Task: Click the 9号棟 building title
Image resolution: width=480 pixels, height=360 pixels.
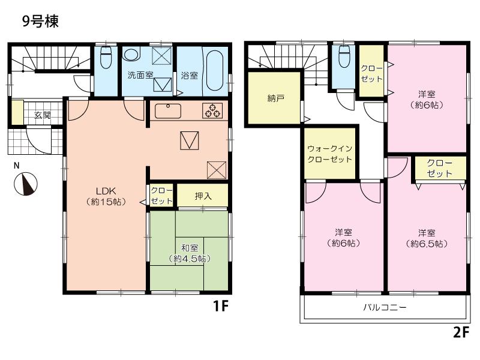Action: pos(40,21)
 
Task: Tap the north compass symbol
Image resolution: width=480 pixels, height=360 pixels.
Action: pos(23,184)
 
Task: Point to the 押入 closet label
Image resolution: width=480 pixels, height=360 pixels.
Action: pos(204,196)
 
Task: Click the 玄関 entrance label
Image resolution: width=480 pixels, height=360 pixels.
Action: pos(41,115)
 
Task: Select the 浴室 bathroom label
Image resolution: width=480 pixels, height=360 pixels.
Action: pos(189,76)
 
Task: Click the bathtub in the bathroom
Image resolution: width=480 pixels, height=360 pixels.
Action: pos(214,70)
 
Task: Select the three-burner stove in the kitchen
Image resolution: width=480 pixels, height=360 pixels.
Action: pos(212,111)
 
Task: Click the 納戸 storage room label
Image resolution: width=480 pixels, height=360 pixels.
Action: pos(275,99)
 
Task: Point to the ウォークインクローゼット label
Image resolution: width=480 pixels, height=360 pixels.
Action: pos(329,154)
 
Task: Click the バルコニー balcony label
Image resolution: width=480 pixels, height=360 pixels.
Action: pos(385,308)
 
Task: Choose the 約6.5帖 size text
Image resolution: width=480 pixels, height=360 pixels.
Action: pos(427,244)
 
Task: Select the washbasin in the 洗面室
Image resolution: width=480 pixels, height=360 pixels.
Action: pos(131,54)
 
